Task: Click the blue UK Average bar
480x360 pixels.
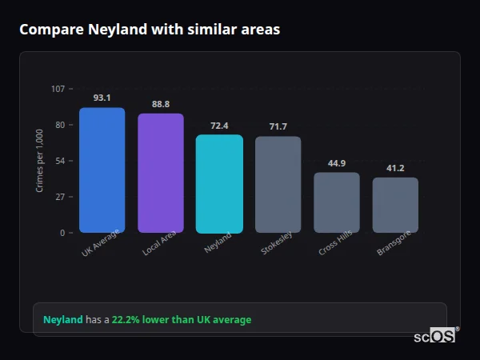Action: pos(102,170)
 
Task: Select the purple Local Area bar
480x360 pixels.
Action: pos(161,174)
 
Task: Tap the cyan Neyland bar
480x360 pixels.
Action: pos(219,184)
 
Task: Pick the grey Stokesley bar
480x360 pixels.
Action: pos(278,185)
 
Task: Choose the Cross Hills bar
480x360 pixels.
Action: pos(337,202)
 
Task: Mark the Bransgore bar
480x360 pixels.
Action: pos(395,205)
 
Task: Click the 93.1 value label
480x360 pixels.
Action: pos(102,98)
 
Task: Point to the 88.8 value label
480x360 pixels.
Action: pos(161,104)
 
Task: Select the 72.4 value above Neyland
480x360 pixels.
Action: pos(219,126)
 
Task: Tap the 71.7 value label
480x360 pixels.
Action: pos(278,126)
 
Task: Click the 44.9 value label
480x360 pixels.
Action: pos(337,163)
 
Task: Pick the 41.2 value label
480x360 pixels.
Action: pos(395,168)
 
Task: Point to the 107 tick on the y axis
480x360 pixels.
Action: pos(58,89)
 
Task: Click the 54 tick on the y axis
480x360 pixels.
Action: pos(60,161)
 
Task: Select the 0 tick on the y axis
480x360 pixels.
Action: pos(62,233)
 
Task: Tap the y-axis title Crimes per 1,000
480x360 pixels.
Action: pos(40,160)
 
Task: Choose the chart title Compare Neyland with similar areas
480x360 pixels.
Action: pos(149,30)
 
